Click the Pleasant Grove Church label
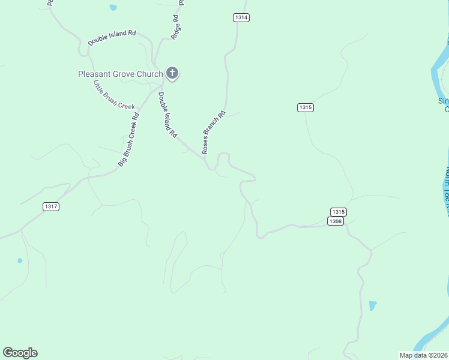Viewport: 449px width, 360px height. point(120,74)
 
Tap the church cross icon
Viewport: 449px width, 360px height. point(172,73)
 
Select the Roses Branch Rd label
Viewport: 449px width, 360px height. point(214,131)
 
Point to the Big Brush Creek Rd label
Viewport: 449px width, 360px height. point(128,139)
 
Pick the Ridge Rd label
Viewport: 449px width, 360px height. point(176,28)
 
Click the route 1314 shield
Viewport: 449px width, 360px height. point(241,17)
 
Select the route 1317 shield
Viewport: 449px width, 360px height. point(51,206)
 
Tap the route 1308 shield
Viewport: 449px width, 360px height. point(335,221)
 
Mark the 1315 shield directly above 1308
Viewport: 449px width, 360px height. point(339,212)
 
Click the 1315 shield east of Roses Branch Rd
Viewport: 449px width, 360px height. point(305,107)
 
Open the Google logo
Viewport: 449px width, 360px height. point(20,353)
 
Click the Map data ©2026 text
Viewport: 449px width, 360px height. point(424,355)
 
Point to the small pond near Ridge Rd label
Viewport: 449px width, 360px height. point(113,8)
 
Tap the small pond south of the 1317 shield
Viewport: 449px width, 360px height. point(20,260)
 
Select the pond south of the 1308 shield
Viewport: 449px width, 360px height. point(373,305)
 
